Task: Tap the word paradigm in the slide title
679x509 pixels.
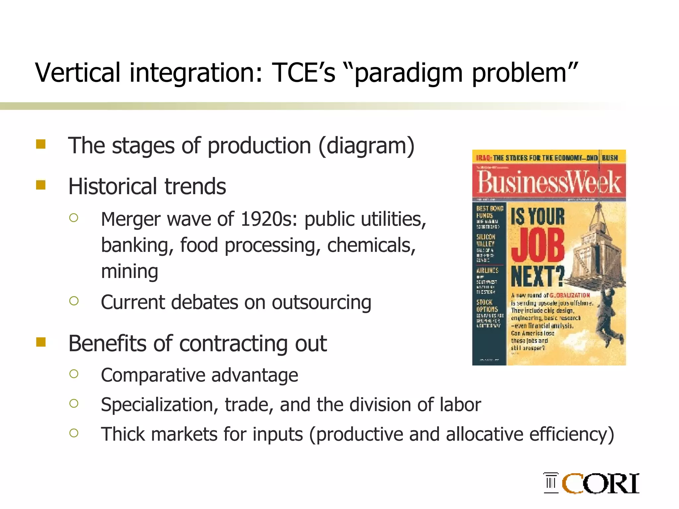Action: coord(408,74)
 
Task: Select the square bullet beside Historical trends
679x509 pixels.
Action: coord(41,185)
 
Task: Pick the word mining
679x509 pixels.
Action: coord(130,271)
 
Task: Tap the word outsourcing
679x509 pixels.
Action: coord(321,303)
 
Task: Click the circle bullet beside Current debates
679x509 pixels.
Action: coord(74,301)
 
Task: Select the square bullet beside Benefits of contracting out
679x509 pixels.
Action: coord(41,342)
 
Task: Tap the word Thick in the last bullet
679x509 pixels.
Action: coord(123,434)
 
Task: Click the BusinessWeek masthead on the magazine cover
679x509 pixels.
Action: coord(549,182)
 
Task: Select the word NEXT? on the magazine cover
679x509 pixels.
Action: coord(537,276)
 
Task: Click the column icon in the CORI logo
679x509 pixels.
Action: coord(551,482)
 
